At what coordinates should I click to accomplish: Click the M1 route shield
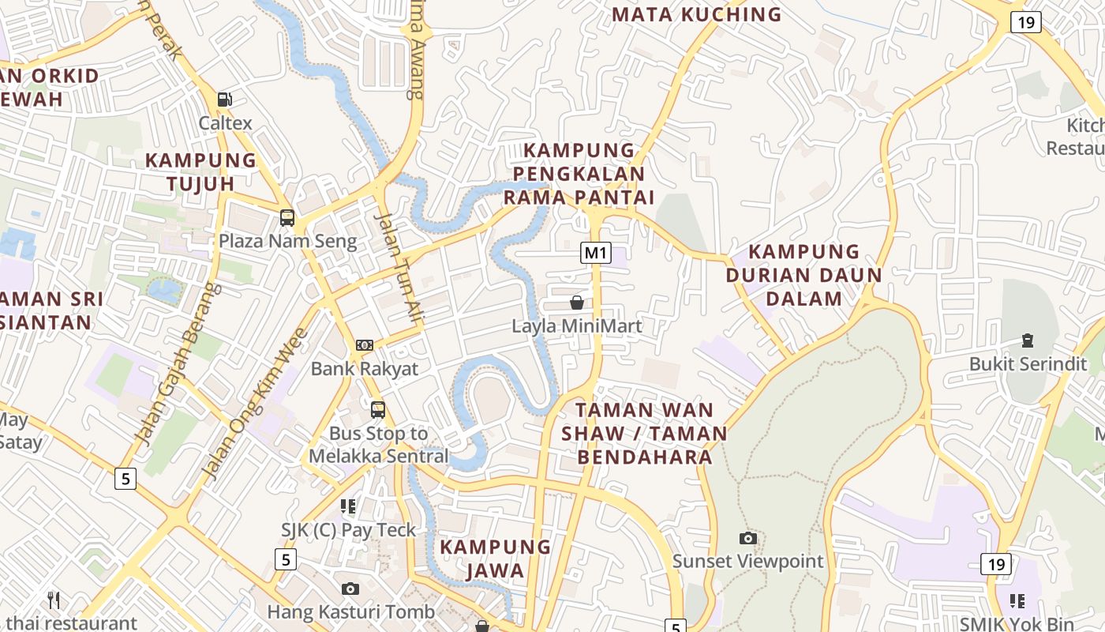tap(596, 253)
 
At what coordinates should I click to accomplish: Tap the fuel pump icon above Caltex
tap(225, 100)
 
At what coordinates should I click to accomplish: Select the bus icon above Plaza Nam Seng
tap(287, 218)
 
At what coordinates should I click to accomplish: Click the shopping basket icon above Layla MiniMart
tap(577, 303)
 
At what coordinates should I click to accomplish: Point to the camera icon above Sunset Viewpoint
tap(747, 539)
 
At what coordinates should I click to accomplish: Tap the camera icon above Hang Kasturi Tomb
tap(350, 589)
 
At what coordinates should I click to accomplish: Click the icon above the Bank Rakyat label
tap(364, 345)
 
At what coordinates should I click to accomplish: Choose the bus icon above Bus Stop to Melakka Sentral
tap(378, 410)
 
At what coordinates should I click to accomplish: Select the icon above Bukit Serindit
tap(1027, 340)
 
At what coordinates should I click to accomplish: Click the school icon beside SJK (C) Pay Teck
tap(348, 506)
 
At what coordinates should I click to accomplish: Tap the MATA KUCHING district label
tap(696, 14)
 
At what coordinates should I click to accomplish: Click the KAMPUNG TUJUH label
tap(200, 171)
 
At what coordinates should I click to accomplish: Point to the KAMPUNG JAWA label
tap(495, 559)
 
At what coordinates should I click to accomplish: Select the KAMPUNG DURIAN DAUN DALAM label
tap(803, 275)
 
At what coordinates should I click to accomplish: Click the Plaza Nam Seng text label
tap(287, 241)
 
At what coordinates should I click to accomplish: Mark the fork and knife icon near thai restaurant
tap(54, 600)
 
